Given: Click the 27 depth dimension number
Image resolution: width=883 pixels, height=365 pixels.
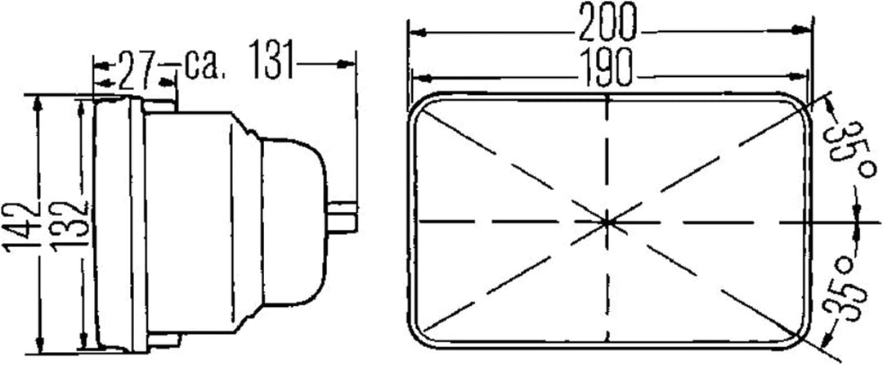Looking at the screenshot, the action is (x=137, y=71).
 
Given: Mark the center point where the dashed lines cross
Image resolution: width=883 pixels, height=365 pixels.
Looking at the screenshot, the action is (x=607, y=222).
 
